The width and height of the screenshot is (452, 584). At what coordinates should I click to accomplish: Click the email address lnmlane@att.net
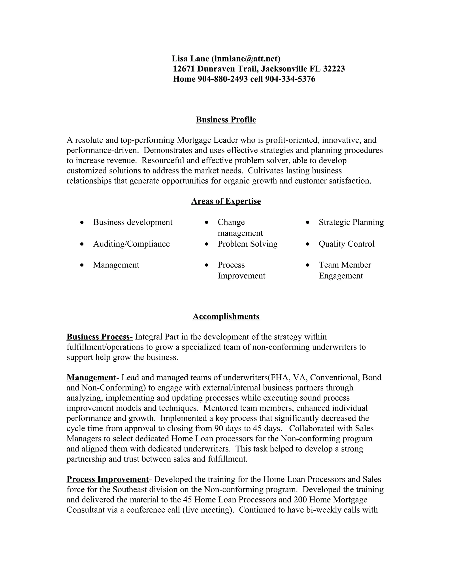pos(246,58)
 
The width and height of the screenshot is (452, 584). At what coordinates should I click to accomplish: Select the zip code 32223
pos(334,69)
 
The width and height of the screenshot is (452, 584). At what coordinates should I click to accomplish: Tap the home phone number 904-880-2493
pos(222,79)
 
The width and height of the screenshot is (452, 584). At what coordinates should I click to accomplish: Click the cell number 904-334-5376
pos(290,79)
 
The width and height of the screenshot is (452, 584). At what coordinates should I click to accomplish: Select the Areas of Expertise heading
pos(226,201)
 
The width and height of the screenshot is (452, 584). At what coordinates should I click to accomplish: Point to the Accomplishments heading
pos(226,316)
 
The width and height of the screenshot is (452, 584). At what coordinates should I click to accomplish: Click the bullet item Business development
pos(133,222)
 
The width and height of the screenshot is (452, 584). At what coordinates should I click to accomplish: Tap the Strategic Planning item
pos(351,222)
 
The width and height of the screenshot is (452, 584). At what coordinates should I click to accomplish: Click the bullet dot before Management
pos(82,265)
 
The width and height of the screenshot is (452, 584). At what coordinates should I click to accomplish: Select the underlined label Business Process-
pos(99,337)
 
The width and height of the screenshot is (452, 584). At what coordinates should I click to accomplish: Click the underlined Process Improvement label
pos(108,479)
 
